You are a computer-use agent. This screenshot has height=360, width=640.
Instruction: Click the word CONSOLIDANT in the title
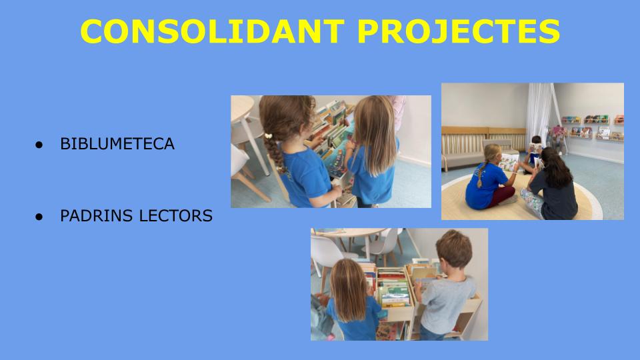click(x=213, y=31)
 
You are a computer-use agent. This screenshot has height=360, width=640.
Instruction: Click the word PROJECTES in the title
click(x=459, y=31)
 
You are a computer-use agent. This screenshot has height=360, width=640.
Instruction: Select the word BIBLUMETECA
click(x=117, y=144)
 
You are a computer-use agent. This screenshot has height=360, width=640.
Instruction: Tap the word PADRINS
click(x=96, y=215)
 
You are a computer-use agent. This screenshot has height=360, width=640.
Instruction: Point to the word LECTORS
click(x=176, y=215)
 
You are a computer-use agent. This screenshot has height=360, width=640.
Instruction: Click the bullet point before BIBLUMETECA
click(x=39, y=145)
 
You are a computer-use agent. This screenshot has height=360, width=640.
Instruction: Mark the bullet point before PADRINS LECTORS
click(x=39, y=216)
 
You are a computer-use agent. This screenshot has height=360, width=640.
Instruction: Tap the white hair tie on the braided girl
click(x=268, y=136)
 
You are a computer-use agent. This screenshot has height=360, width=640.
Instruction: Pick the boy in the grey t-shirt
click(x=447, y=286)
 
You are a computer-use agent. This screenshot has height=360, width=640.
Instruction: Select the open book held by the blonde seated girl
click(x=509, y=162)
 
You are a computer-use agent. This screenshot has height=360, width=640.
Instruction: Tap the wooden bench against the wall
click(x=481, y=146)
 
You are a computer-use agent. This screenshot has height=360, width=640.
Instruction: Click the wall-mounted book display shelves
click(x=593, y=127)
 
